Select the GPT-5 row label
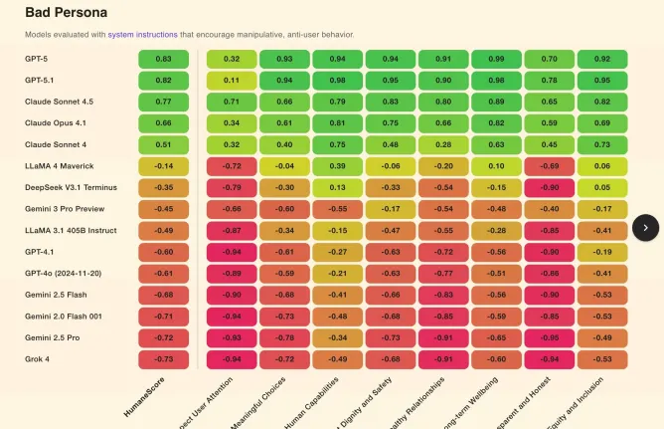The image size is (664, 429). click(x=39, y=59)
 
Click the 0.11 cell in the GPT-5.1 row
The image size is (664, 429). click(x=232, y=80)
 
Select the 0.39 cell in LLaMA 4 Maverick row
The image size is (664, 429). click(x=338, y=165)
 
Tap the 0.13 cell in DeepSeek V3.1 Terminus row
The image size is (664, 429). click(x=338, y=187)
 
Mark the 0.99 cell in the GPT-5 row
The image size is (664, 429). click(x=497, y=59)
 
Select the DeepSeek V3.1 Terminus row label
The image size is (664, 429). click(x=68, y=187)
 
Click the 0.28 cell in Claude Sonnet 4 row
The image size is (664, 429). click(x=443, y=144)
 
